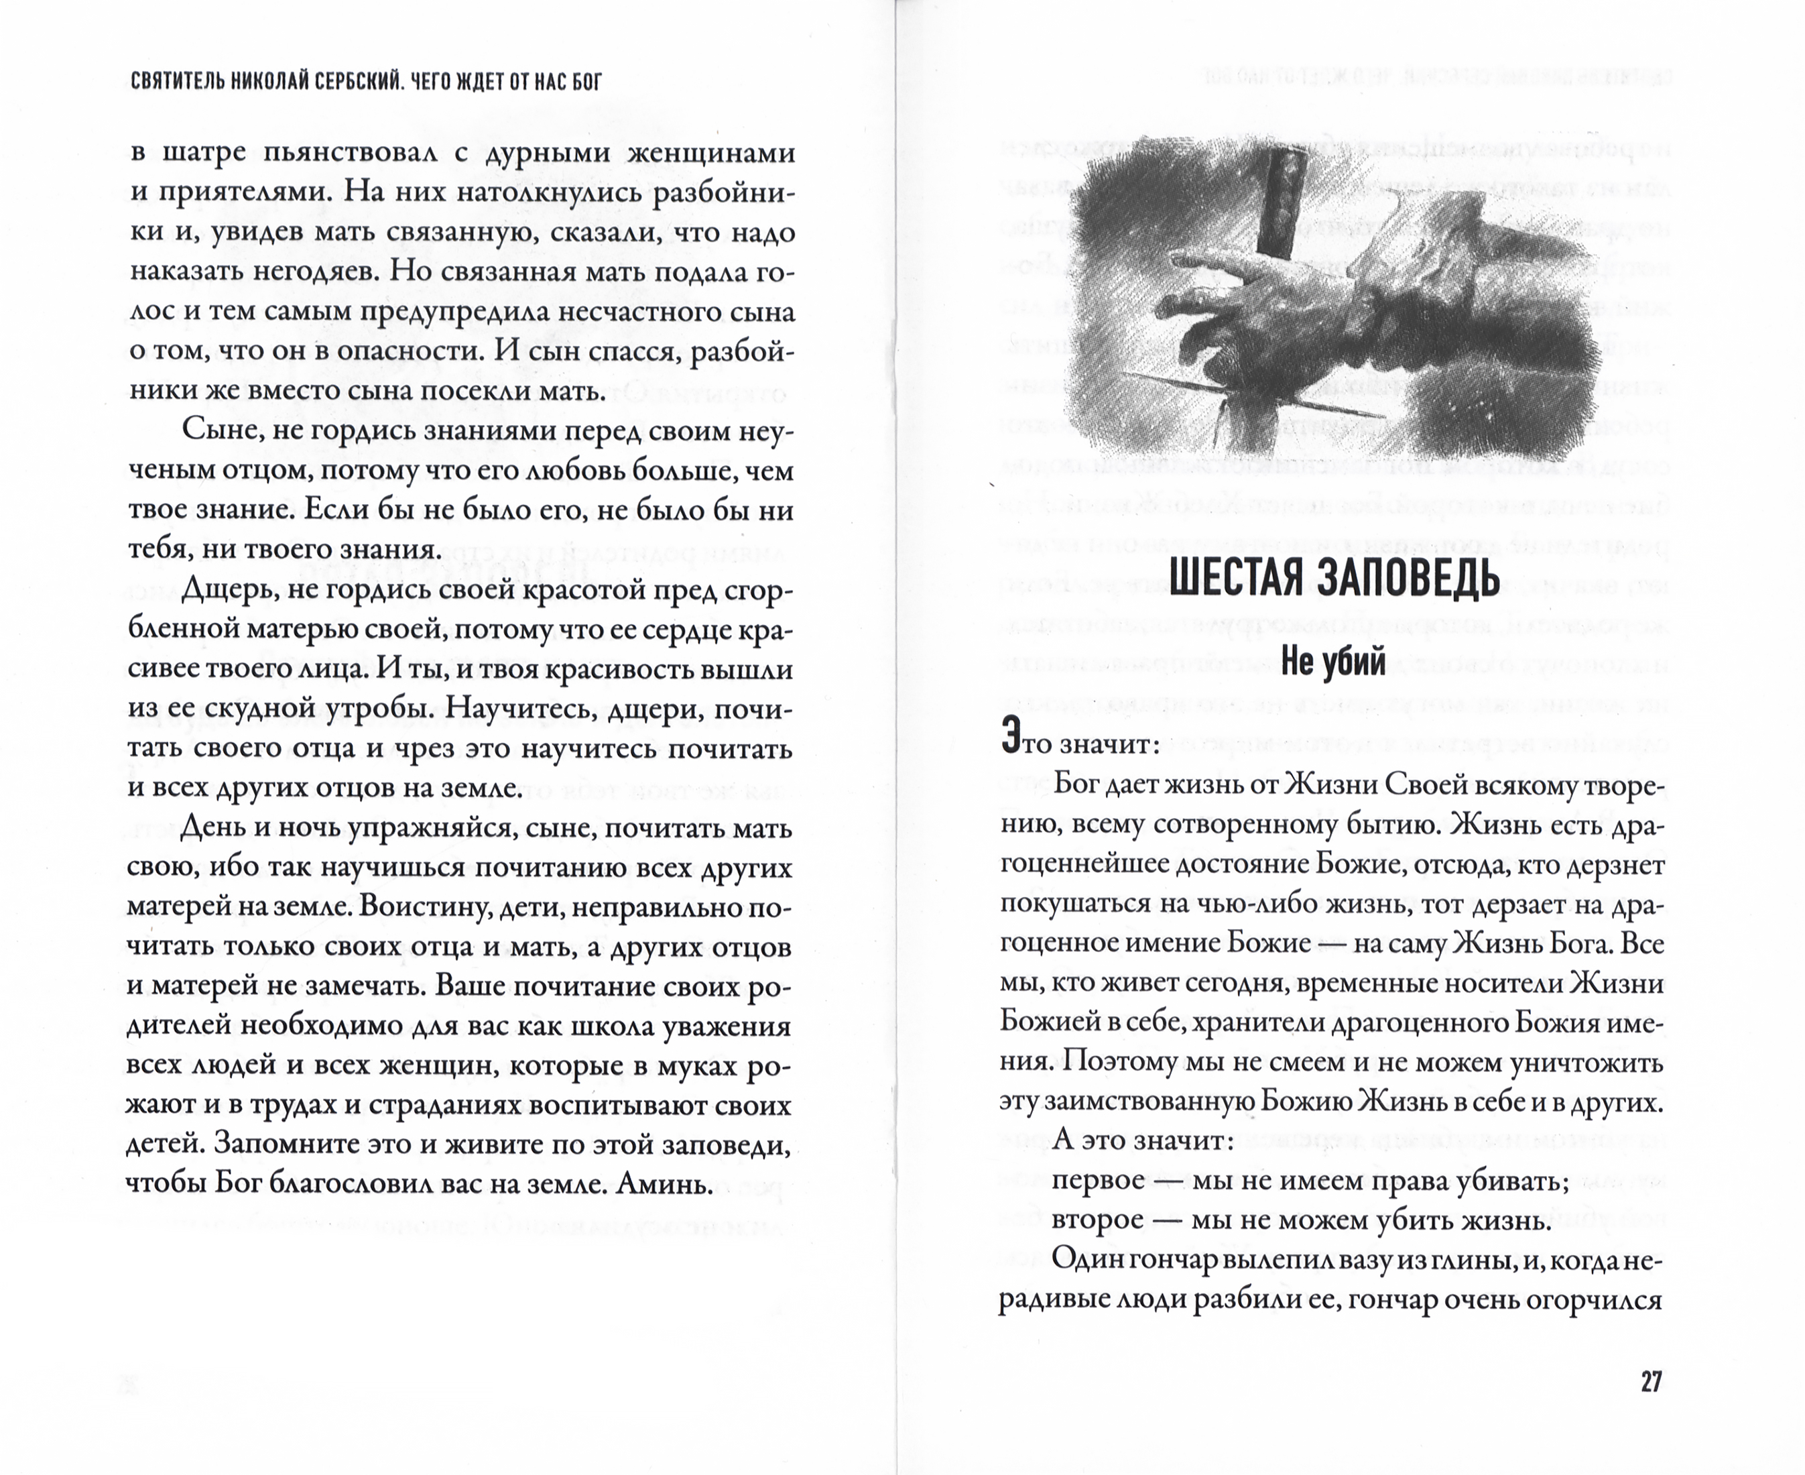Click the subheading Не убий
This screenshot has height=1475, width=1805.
tap(1332, 660)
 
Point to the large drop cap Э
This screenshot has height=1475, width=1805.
tap(1010, 735)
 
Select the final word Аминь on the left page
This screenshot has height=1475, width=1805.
tap(662, 1183)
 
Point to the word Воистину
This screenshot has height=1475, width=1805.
tap(419, 906)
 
